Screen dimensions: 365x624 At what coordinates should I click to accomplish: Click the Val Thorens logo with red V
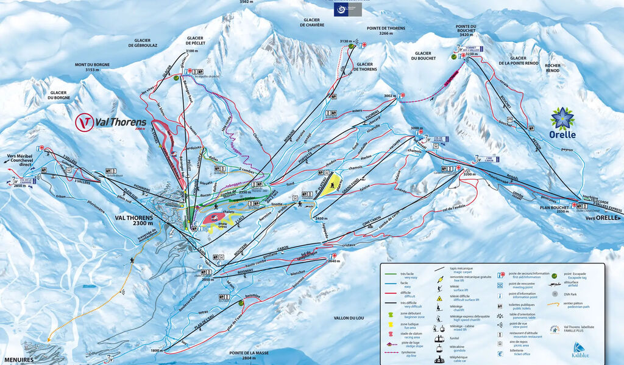110,122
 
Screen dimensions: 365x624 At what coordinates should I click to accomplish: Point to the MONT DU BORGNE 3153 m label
91,67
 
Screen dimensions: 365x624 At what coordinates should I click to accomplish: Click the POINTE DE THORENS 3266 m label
385,31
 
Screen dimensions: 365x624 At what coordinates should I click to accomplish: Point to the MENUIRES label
16,360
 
